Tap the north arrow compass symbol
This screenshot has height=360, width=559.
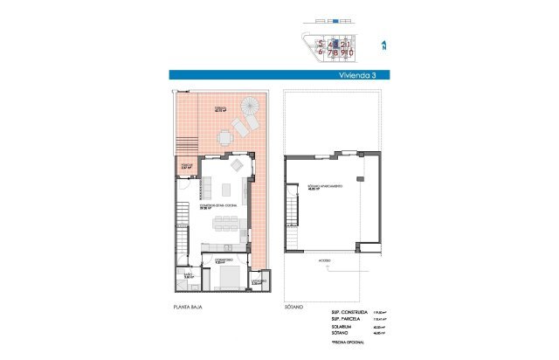384,45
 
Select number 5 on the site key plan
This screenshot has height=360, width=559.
322,43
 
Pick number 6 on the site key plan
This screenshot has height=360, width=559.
322,52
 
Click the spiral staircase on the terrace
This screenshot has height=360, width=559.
250,107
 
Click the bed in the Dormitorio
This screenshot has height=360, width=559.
231,278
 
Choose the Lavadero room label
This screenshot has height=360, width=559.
258,281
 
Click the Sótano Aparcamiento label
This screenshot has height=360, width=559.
324,187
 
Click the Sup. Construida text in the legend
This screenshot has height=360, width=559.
349,312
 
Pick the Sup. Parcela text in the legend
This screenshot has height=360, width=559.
347,320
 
